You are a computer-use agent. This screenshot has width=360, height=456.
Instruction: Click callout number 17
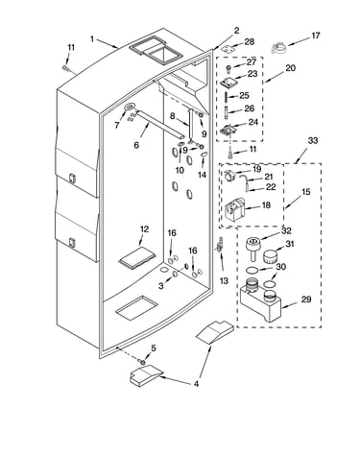(x=316, y=36)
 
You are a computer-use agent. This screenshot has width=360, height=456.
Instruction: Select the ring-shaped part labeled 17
(x=279, y=48)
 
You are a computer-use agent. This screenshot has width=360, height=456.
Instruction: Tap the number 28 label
(x=250, y=41)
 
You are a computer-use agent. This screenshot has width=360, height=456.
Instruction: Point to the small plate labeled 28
(x=228, y=49)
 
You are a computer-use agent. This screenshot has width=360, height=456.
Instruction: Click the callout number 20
(x=290, y=68)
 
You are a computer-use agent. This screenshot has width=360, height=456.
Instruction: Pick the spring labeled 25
(x=227, y=96)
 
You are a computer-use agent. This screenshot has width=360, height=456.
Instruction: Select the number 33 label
(x=313, y=140)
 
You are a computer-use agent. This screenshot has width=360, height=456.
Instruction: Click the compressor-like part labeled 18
(x=235, y=209)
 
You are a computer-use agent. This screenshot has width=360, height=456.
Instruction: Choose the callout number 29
(x=306, y=300)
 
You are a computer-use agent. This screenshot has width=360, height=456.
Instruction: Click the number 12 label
(x=144, y=229)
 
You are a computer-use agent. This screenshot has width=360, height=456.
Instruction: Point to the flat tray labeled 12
(x=137, y=256)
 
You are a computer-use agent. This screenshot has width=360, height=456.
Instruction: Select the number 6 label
(x=136, y=145)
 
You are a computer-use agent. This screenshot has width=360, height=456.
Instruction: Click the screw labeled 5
(x=142, y=362)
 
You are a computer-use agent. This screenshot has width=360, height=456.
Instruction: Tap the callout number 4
(x=196, y=383)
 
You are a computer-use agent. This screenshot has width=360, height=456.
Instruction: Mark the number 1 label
(x=92, y=39)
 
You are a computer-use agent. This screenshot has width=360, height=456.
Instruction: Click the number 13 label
(x=224, y=280)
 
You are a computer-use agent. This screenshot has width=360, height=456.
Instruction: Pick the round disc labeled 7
(x=130, y=107)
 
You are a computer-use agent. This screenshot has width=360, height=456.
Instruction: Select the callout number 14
(x=202, y=175)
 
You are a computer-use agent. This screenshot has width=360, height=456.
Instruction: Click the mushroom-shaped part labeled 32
(x=252, y=248)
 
